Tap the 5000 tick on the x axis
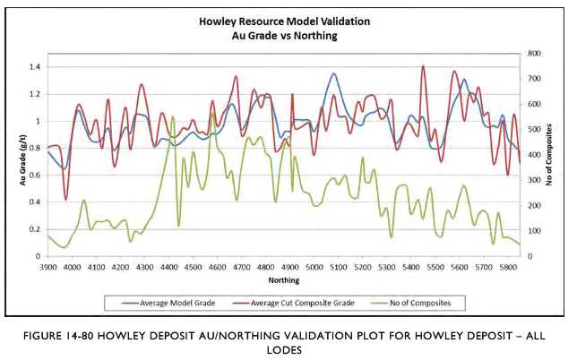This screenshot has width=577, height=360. pos(314,267)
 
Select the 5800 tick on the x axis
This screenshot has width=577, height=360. pos(507,267)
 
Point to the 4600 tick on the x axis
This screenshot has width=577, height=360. pos(217,267)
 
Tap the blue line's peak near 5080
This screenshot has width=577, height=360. pos(332,73)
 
